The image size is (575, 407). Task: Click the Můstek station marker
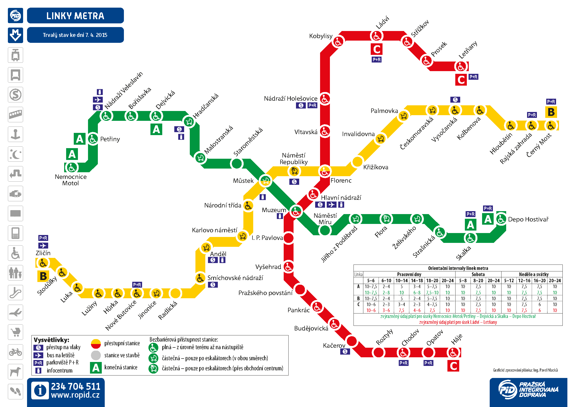(x=265, y=180)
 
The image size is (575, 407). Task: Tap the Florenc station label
(x=341, y=180)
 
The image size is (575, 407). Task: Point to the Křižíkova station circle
(x=357, y=162)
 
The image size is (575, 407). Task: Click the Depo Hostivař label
(x=528, y=219)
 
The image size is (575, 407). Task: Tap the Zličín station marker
(x=43, y=263)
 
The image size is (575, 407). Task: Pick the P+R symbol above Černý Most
(x=551, y=101)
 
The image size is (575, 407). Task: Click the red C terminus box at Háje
(x=453, y=366)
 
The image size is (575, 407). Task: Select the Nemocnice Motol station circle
(x=72, y=167)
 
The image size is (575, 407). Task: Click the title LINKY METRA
(x=75, y=16)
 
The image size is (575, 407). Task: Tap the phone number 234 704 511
(x=76, y=386)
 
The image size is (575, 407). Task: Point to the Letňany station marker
(x=461, y=66)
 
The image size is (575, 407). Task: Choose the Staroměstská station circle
(x=237, y=164)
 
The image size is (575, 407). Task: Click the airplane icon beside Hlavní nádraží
(x=331, y=205)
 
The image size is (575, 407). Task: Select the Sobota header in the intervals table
(x=478, y=274)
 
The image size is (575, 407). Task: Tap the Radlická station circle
(x=175, y=293)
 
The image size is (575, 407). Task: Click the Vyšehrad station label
(x=268, y=267)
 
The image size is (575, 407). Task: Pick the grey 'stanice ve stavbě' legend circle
(x=96, y=355)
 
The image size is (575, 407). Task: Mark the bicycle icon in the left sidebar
(x=15, y=352)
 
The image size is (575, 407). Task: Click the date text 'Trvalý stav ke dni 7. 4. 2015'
(x=75, y=35)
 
